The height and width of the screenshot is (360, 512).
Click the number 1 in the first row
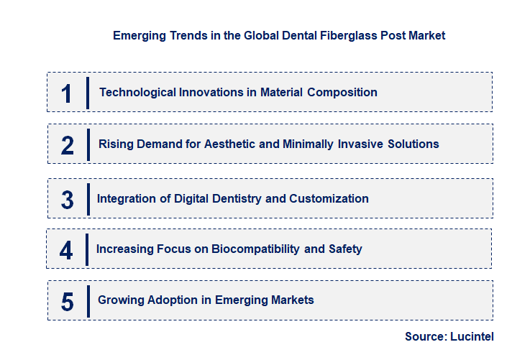pyautogui.click(x=67, y=93)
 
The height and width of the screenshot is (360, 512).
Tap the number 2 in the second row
pyautogui.click(x=68, y=144)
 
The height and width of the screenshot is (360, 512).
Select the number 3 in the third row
pyautogui.click(x=67, y=200)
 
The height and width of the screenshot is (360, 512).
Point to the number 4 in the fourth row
pyautogui.click(x=66, y=250)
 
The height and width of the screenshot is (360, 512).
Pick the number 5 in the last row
pyautogui.click(x=67, y=301)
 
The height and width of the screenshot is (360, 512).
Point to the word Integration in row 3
pyautogui.click(x=126, y=198)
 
